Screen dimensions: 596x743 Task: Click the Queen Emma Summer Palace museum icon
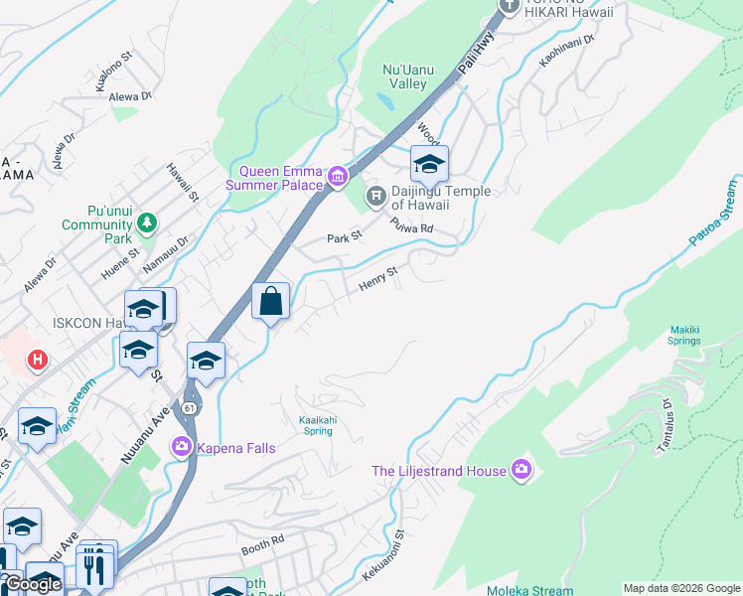(x=338, y=177)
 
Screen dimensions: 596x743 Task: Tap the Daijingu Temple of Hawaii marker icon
(x=375, y=195)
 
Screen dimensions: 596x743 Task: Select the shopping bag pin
(x=270, y=300)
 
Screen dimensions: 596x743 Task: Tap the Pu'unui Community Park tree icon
(x=147, y=221)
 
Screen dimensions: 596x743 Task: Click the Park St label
(x=345, y=238)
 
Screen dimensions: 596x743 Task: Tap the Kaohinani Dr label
(x=566, y=52)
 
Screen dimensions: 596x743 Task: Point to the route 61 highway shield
(x=189, y=407)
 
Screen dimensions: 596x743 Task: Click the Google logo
(x=33, y=585)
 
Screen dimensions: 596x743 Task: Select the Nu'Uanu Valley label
(x=405, y=76)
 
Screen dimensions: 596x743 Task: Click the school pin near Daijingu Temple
(x=429, y=164)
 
